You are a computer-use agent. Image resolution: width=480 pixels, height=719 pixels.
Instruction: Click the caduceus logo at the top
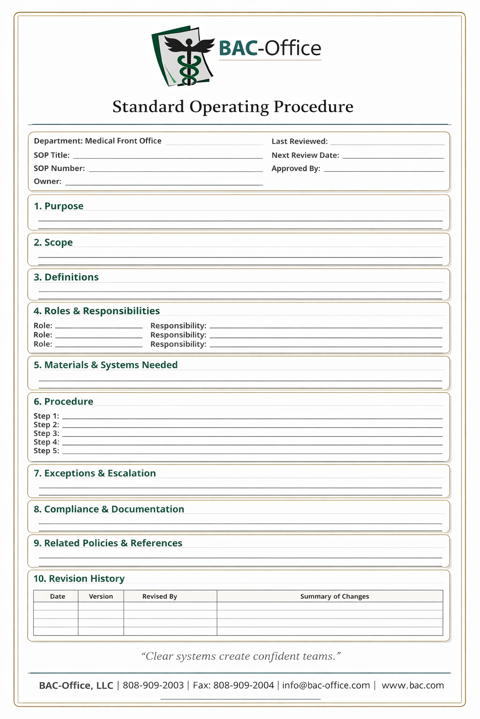[184, 56]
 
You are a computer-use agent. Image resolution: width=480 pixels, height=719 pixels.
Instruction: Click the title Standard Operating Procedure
[232, 107]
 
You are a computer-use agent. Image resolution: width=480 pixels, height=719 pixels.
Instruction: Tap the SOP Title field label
[52, 155]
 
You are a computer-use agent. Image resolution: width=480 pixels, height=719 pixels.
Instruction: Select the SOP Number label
[59, 169]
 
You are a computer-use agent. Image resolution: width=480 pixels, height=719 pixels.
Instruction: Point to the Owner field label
[47, 182]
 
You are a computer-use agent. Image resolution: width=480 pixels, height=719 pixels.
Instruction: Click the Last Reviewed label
[300, 141]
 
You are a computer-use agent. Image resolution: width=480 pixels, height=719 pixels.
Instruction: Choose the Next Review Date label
[305, 155]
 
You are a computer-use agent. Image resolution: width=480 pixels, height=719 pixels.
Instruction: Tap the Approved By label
[296, 169]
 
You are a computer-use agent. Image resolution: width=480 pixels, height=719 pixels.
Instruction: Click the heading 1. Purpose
[59, 206]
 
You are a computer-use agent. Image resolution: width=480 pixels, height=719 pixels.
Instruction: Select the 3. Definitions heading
[66, 277]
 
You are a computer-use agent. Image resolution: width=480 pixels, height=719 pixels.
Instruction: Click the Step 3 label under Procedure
[46, 433]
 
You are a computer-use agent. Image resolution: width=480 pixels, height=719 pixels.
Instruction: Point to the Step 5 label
[46, 451]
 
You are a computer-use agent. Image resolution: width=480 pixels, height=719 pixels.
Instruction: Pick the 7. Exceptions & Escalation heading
[95, 473]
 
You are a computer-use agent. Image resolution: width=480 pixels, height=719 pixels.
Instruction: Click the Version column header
[101, 596]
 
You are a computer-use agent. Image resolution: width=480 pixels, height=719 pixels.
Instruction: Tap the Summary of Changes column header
[334, 596]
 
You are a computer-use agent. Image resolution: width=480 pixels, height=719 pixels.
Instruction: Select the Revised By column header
[159, 596]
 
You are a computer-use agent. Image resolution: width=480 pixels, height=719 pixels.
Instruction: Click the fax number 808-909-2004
[243, 685]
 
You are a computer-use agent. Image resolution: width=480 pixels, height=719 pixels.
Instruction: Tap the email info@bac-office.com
[326, 685]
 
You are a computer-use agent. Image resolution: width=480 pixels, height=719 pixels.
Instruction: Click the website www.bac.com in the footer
[412, 685]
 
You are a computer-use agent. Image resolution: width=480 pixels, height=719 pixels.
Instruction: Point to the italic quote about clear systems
[240, 656]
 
